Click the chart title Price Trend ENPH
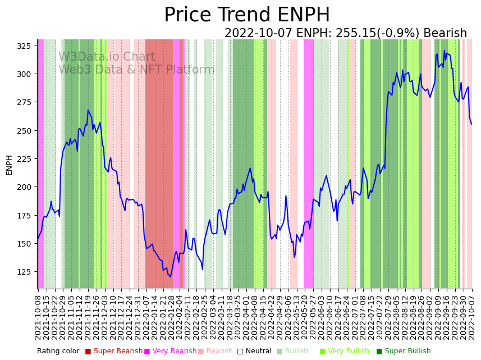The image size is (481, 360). [247, 15]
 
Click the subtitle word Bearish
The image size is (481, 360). [445, 34]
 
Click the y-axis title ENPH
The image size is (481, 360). [9, 165]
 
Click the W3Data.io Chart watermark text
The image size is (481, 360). [107, 57]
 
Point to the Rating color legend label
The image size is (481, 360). [58, 351]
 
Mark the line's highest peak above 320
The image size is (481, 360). [445, 51]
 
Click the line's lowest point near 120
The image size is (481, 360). [170, 277]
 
